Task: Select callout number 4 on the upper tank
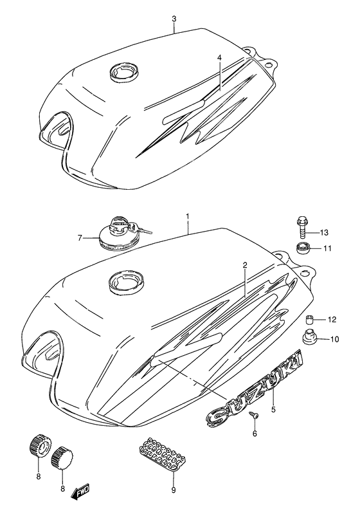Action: (219, 57)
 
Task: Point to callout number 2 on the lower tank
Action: (245, 264)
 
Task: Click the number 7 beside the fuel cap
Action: (80, 238)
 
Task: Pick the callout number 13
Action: (324, 232)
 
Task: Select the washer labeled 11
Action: (302, 248)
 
